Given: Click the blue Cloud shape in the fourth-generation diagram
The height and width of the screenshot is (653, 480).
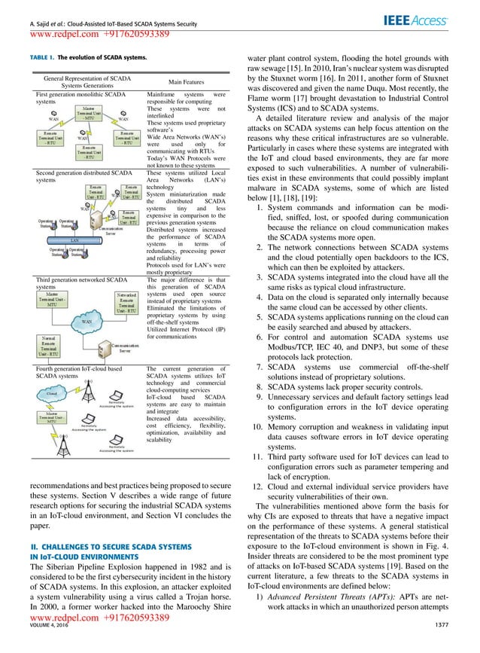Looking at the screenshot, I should click(x=53, y=393).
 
